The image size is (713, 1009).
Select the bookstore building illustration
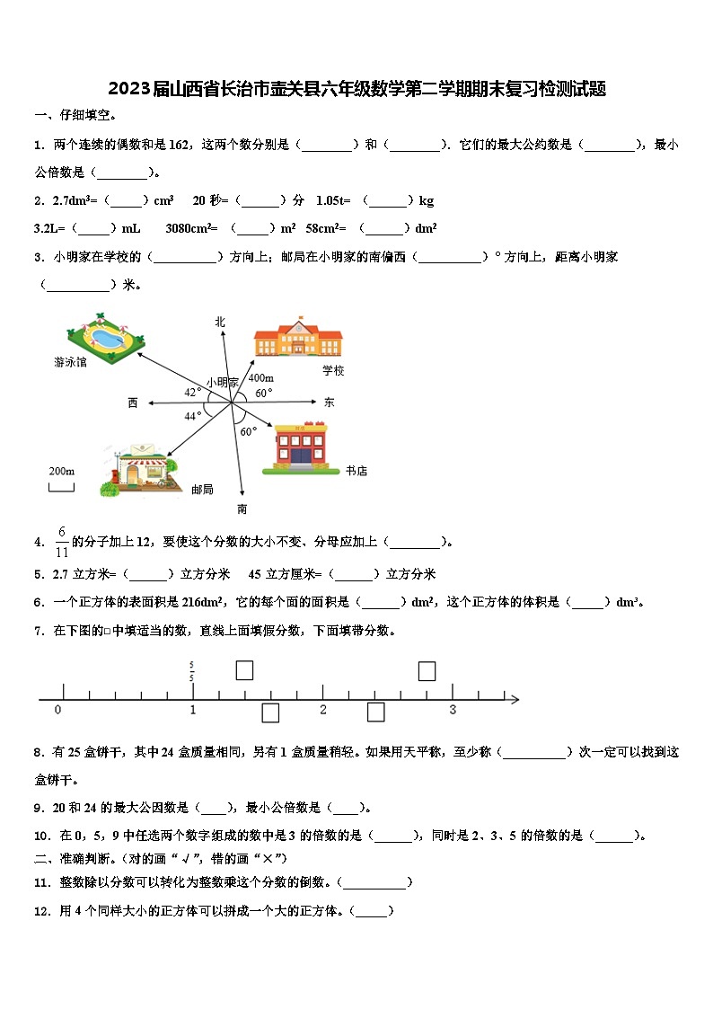pos(300,448)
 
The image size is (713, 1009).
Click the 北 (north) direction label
pos(220,321)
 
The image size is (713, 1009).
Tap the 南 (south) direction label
pos(242,509)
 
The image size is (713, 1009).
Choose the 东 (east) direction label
pos(329,403)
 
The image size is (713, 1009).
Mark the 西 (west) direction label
pos(133,403)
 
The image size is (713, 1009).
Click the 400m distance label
pos(260,378)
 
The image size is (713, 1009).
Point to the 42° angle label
pos(192,392)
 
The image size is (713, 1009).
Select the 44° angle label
pos(192,416)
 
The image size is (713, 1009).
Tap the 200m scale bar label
pos(61,471)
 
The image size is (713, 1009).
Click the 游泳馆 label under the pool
pos(70,363)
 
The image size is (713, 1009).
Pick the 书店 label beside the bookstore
pos(356,471)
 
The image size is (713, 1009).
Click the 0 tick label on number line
pos(58,710)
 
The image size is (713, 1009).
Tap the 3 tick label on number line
pos(452,710)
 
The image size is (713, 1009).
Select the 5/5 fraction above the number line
pos(192,670)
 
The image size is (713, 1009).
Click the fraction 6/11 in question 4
pos(62,542)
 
